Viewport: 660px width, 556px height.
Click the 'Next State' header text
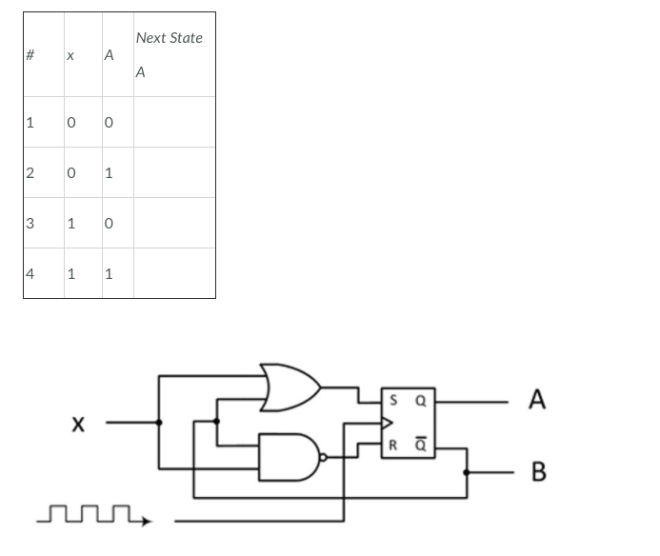tap(169, 38)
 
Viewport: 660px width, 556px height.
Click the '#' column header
tap(30, 55)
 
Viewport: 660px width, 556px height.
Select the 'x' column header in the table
tap(70, 56)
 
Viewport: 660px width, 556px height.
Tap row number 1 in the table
tap(30, 122)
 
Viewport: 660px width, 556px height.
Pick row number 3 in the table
tap(30, 224)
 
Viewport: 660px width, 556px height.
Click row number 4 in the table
tap(30, 274)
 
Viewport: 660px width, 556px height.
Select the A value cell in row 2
tap(109, 173)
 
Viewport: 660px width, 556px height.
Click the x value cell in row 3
tap(70, 224)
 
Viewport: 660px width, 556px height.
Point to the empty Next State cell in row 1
tap(174, 122)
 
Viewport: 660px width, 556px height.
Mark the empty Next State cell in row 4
tap(174, 274)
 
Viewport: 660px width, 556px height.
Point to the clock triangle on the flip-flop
tap(387, 423)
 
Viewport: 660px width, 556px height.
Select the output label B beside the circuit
tap(538, 471)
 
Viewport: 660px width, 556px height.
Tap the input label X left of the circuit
tap(80, 423)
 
